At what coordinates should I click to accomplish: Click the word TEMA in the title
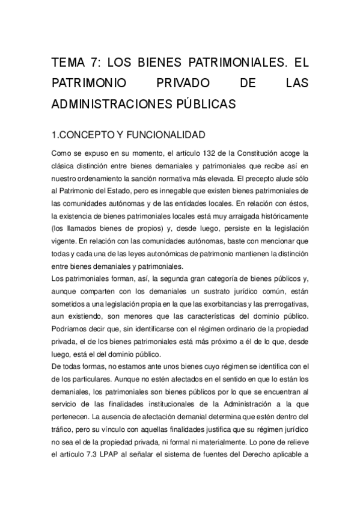pos(69,64)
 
